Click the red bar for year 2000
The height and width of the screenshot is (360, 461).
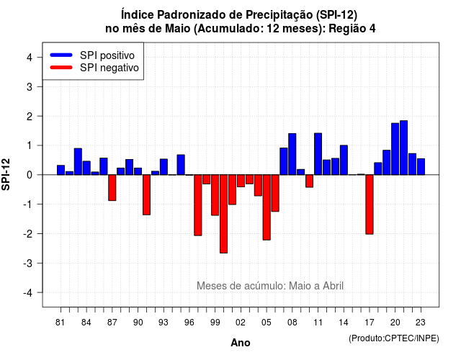[x=223, y=214]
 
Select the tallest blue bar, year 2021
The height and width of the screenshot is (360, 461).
[x=403, y=148]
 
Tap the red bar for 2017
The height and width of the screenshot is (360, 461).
[x=370, y=204]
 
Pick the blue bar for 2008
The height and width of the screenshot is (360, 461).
[x=292, y=154]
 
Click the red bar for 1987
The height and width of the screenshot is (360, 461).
[x=112, y=188]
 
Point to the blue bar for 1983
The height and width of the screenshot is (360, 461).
[x=78, y=161]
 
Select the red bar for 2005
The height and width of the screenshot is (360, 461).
[x=267, y=207]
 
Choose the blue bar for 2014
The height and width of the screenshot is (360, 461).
[x=344, y=160]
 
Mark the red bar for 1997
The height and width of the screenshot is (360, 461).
[x=198, y=205]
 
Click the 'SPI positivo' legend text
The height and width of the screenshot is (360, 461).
[x=107, y=55]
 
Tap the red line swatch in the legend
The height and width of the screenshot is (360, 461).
[x=61, y=67]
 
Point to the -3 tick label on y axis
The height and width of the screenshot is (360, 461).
[x=29, y=263]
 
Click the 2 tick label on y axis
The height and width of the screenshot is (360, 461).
[x=30, y=117]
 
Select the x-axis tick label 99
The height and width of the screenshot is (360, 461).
[x=215, y=323]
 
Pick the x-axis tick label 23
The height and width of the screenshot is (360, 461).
[x=421, y=323]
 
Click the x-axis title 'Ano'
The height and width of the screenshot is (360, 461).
[x=241, y=343]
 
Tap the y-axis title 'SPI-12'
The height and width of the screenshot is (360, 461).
[x=6, y=174]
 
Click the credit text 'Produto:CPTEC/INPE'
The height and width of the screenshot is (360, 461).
[x=394, y=338]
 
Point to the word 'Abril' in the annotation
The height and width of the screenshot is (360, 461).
[x=333, y=286]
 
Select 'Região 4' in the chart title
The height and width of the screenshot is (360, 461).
[x=352, y=29]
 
